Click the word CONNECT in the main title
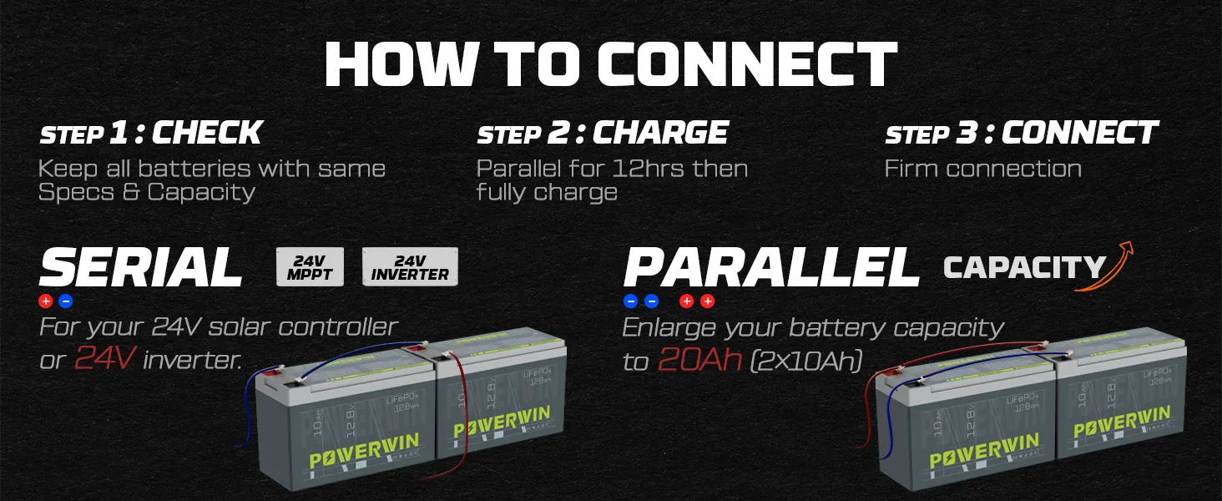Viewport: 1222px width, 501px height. click(747, 64)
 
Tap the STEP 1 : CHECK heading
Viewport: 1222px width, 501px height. click(151, 133)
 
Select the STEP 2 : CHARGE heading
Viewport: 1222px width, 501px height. click(603, 133)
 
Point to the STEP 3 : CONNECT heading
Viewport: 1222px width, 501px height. click(1021, 133)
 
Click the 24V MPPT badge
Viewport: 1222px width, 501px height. click(310, 266)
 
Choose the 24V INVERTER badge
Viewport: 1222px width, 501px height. click(410, 266)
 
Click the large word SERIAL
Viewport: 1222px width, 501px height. click(141, 268)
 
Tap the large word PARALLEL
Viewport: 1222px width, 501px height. click(771, 268)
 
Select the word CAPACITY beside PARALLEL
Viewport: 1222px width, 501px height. click(1024, 267)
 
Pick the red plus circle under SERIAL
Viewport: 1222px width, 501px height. click(46, 301)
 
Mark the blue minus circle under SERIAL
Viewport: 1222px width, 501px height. click(66, 301)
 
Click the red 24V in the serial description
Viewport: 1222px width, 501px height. click(105, 359)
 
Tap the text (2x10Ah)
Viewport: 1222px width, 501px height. click(805, 361)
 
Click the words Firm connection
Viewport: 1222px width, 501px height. click(982, 169)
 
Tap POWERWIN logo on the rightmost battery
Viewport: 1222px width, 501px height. click(1121, 422)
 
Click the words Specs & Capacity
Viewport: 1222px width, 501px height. click(146, 192)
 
